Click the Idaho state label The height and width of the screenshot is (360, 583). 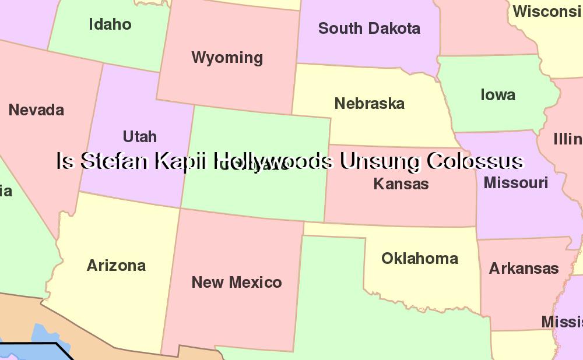point(110,24)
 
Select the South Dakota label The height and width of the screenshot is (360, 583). point(369,28)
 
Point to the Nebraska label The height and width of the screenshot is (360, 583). point(369,104)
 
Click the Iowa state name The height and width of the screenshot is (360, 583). point(497,95)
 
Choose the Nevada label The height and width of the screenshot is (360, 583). point(36,110)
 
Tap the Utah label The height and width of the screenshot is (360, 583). point(139,136)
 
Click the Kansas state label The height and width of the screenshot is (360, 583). point(401,184)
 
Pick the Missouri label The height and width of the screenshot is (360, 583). point(515,183)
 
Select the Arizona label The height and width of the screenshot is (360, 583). point(116,266)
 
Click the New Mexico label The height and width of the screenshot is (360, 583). point(236,283)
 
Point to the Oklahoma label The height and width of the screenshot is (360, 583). point(419,258)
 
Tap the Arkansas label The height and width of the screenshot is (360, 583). point(524,269)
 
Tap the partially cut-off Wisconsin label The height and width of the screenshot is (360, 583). point(547,11)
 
